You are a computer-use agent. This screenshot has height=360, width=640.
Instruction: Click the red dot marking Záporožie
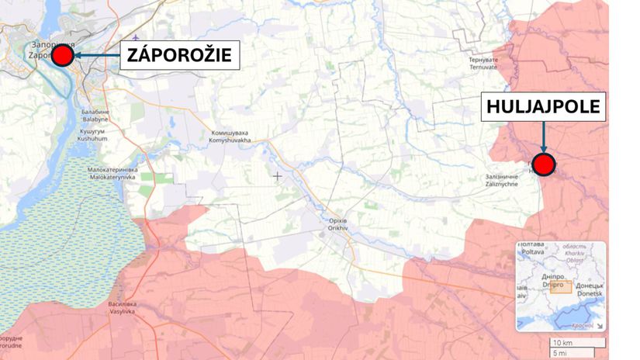pos(63,56)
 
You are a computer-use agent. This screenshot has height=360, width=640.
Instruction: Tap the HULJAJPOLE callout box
pos(544,107)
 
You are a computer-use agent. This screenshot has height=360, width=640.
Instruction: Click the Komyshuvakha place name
pos(230,137)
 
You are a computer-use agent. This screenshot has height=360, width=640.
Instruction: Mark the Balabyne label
pos(95,117)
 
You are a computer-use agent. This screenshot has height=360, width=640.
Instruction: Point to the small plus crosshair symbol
pos(278,176)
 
